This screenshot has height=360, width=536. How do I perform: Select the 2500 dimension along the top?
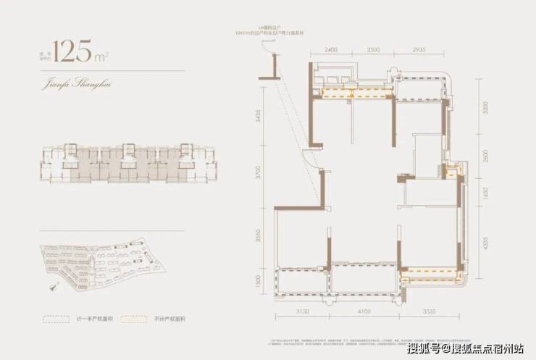pyautogui.click(x=373, y=50)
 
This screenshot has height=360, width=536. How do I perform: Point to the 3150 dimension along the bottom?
pyautogui.click(x=303, y=311)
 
